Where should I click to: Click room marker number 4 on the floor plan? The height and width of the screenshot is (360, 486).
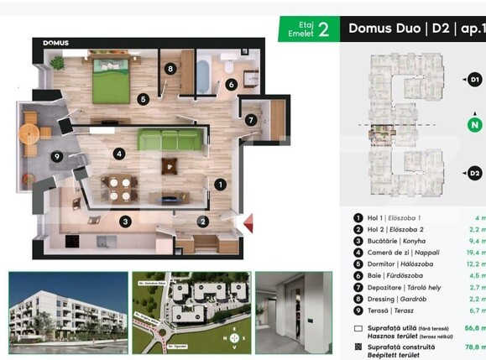120,154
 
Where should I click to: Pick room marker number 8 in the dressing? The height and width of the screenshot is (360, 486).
170,69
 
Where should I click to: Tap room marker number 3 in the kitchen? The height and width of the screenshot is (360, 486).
125,222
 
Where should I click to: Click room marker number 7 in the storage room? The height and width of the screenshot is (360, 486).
251,120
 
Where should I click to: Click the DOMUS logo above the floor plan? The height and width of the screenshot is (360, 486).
56,43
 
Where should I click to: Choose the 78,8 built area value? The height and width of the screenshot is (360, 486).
475,345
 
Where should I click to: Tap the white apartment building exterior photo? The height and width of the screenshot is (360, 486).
67,313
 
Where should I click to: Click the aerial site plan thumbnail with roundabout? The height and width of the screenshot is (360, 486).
191,313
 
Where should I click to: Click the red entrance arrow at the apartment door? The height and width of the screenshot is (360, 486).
248,223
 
